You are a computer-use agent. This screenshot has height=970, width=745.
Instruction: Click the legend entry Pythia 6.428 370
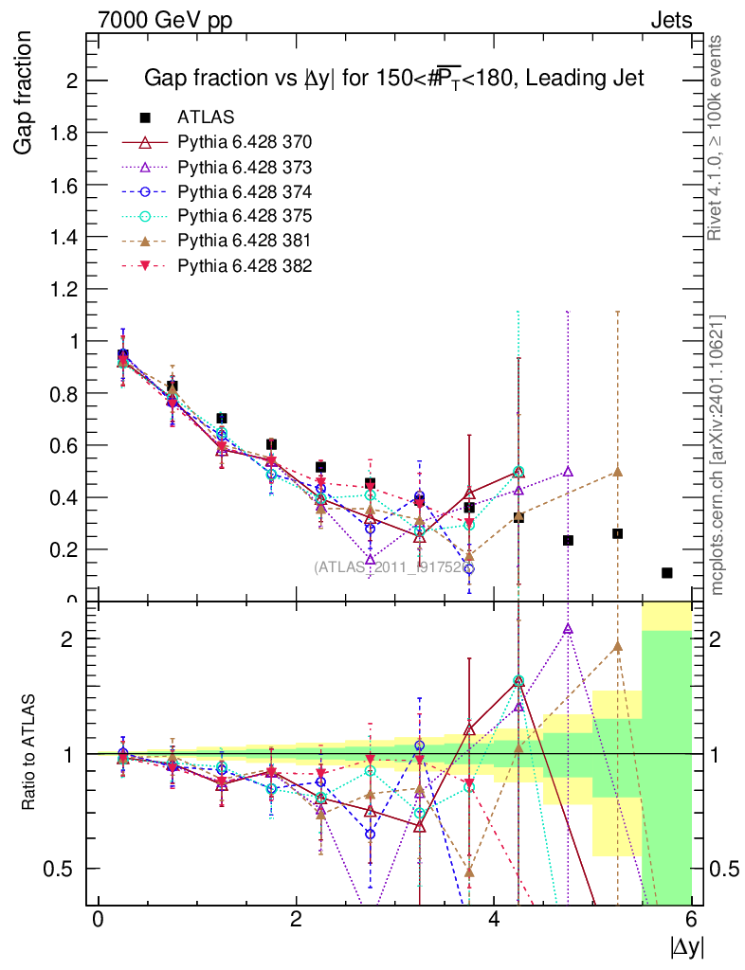pyautogui.click(x=245, y=142)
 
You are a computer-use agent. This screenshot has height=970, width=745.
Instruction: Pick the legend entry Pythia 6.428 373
pyautogui.click(x=245, y=167)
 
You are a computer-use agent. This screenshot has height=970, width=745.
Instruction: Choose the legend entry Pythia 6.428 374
pyautogui.click(x=245, y=191)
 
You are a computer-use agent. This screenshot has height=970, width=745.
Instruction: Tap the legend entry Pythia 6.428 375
pyautogui.click(x=245, y=216)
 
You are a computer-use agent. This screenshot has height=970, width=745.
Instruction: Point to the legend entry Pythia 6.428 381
pyautogui.click(x=245, y=241)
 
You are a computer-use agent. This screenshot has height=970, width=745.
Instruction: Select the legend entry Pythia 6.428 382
pyautogui.click(x=245, y=265)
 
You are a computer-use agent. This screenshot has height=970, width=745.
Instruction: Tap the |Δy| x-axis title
pyautogui.click(x=686, y=945)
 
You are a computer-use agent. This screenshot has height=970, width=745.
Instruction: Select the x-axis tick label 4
pyautogui.click(x=494, y=920)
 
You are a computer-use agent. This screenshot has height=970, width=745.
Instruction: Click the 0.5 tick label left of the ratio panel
pyautogui.click(x=64, y=869)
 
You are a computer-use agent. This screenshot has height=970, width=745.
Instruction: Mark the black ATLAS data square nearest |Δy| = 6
pyautogui.click(x=667, y=573)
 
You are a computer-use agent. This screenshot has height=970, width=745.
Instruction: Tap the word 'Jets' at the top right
pyautogui.click(x=670, y=20)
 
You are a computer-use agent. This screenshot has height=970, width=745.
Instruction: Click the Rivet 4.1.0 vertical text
pyautogui.click(x=717, y=137)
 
